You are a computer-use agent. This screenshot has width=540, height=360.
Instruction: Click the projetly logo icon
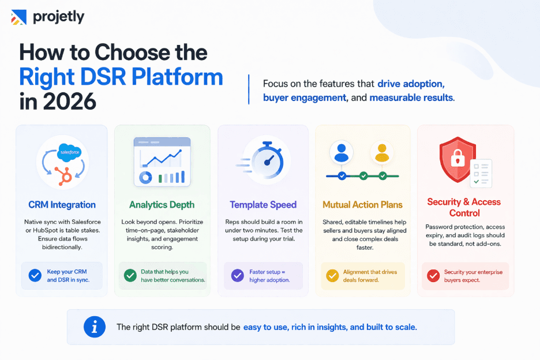18,17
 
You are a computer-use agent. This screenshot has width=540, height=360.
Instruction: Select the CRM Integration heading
62,205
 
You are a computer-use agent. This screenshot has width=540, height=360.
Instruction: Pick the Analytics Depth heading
162,205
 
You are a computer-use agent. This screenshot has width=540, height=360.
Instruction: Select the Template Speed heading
263,205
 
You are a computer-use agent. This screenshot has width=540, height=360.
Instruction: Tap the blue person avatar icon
342,153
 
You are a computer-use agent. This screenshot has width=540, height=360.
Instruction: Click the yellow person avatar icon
381,153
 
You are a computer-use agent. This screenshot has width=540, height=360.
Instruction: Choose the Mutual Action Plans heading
362,205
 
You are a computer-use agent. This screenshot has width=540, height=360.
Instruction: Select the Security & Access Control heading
464,207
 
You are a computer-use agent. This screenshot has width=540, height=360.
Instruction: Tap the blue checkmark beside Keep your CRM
35,276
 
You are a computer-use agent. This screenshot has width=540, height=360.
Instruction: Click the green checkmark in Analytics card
130,276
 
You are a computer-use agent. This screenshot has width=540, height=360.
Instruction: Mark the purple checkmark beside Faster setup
237,276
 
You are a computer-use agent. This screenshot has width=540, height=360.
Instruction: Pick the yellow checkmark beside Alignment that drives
332,276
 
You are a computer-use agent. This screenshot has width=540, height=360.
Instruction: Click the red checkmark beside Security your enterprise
433,276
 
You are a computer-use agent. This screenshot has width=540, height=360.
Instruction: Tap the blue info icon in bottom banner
95,327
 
